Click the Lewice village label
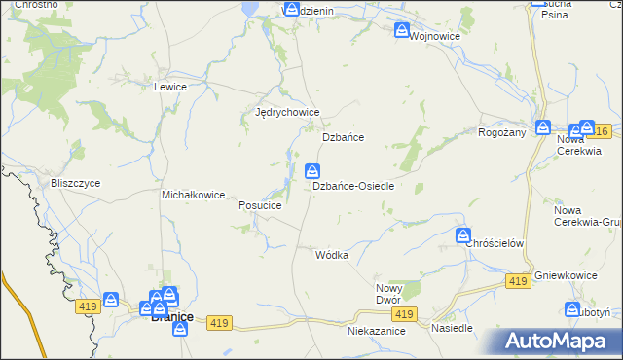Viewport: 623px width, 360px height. pyautogui.click(x=169, y=87)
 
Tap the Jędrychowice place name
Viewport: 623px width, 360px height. pyautogui.click(x=287, y=112)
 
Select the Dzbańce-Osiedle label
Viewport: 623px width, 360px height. pyautogui.click(x=352, y=186)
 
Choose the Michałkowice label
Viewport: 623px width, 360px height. pyautogui.click(x=194, y=195)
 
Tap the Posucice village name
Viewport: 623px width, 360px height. pyautogui.click(x=260, y=206)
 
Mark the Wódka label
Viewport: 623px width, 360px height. pyautogui.click(x=332, y=255)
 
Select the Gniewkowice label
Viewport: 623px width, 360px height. pyautogui.click(x=566, y=276)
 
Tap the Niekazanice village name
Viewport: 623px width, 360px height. pyautogui.click(x=376, y=331)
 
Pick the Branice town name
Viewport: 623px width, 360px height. pyautogui.click(x=171, y=317)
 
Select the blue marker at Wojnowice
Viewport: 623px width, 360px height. pyautogui.click(x=402, y=31)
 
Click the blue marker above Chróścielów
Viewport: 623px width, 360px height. pyautogui.click(x=463, y=234)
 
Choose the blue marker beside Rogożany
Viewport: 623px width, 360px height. pyautogui.click(x=543, y=127)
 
